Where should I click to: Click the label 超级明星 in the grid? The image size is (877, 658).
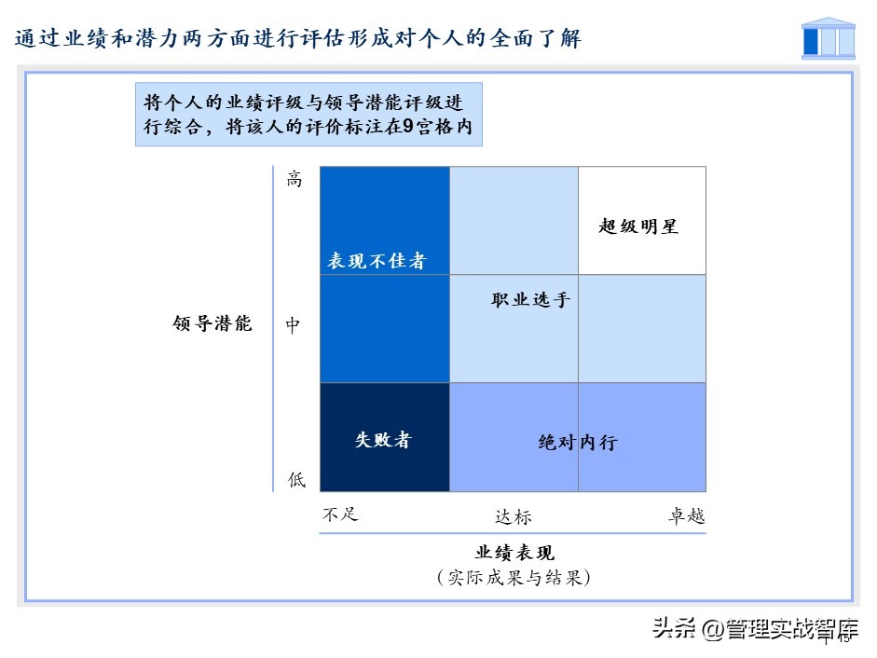637,226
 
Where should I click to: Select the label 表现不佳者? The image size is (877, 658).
376,261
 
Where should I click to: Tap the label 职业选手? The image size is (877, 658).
530,300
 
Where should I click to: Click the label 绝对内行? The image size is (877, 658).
578,443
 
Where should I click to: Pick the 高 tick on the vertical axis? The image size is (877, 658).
294,180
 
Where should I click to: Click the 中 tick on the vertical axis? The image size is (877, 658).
294,325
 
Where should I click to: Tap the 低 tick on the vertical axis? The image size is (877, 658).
295,480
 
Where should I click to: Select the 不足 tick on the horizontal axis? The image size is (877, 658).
341,514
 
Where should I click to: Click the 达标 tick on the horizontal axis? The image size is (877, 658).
513,516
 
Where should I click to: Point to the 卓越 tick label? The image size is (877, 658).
686,516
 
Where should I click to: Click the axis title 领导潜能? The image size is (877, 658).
212,324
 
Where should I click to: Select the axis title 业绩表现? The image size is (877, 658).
514,553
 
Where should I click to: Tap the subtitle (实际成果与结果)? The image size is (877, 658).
514,578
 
